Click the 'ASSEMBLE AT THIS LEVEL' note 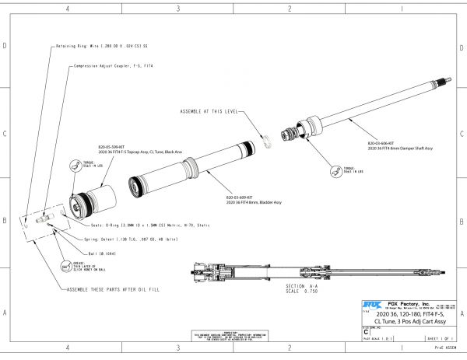click(x=211, y=111)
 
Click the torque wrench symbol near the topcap click(x=75, y=164)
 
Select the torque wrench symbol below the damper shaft click(x=335, y=171)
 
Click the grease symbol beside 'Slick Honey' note click(x=75, y=263)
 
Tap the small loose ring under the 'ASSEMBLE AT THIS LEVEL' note click(x=265, y=141)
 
